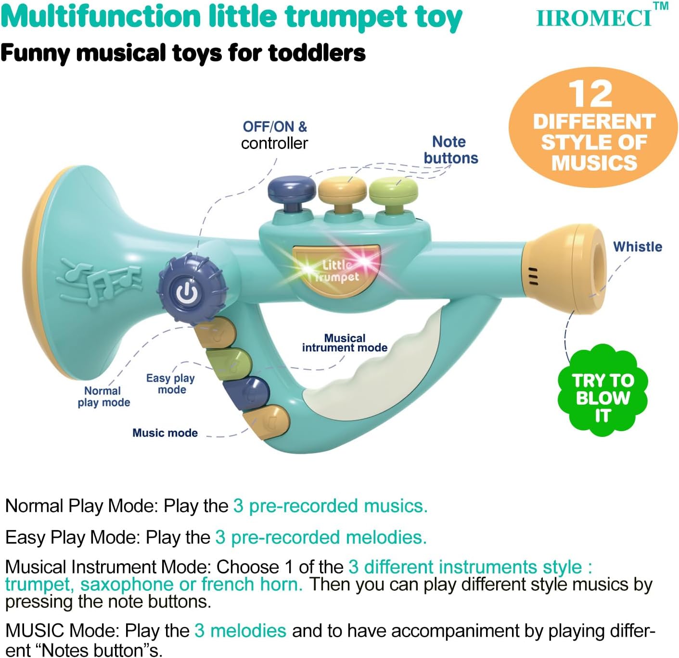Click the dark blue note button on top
[292, 188]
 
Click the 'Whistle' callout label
[637, 247]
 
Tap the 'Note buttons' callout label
[450, 150]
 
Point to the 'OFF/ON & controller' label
[274, 135]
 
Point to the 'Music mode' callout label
[165, 433]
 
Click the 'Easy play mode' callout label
[171, 384]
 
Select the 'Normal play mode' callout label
[104, 397]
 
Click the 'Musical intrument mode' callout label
[345, 343]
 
